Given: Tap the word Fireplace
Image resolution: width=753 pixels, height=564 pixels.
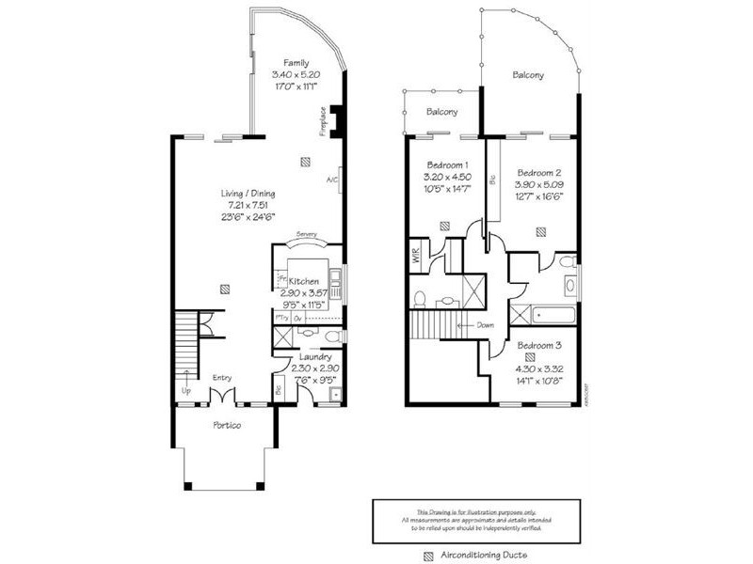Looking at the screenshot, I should click(323, 120).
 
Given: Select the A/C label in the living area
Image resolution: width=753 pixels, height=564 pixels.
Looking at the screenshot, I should click(331, 180).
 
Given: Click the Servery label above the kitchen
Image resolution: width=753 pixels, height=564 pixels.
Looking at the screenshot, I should click(306, 234).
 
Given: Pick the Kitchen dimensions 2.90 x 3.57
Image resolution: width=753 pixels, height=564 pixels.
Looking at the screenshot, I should click(304, 293).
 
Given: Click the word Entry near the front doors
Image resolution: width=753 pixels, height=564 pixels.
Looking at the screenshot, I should click(222, 378).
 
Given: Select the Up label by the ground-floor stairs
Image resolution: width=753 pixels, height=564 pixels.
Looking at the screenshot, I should click(186, 390).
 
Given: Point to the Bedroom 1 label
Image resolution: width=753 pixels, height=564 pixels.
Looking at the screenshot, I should click(447, 165).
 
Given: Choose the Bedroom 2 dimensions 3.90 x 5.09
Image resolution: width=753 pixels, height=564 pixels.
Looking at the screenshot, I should click(537, 185).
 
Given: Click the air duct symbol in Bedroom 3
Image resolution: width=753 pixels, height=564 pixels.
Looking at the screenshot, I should click(530, 357).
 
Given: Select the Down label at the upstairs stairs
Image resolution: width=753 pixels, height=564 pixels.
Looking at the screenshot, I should click(486, 325).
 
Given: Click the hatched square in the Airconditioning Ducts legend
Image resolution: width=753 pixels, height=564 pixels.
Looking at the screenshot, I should click(429, 555).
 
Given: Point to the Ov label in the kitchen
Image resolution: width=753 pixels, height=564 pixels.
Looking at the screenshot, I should click(299, 318).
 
